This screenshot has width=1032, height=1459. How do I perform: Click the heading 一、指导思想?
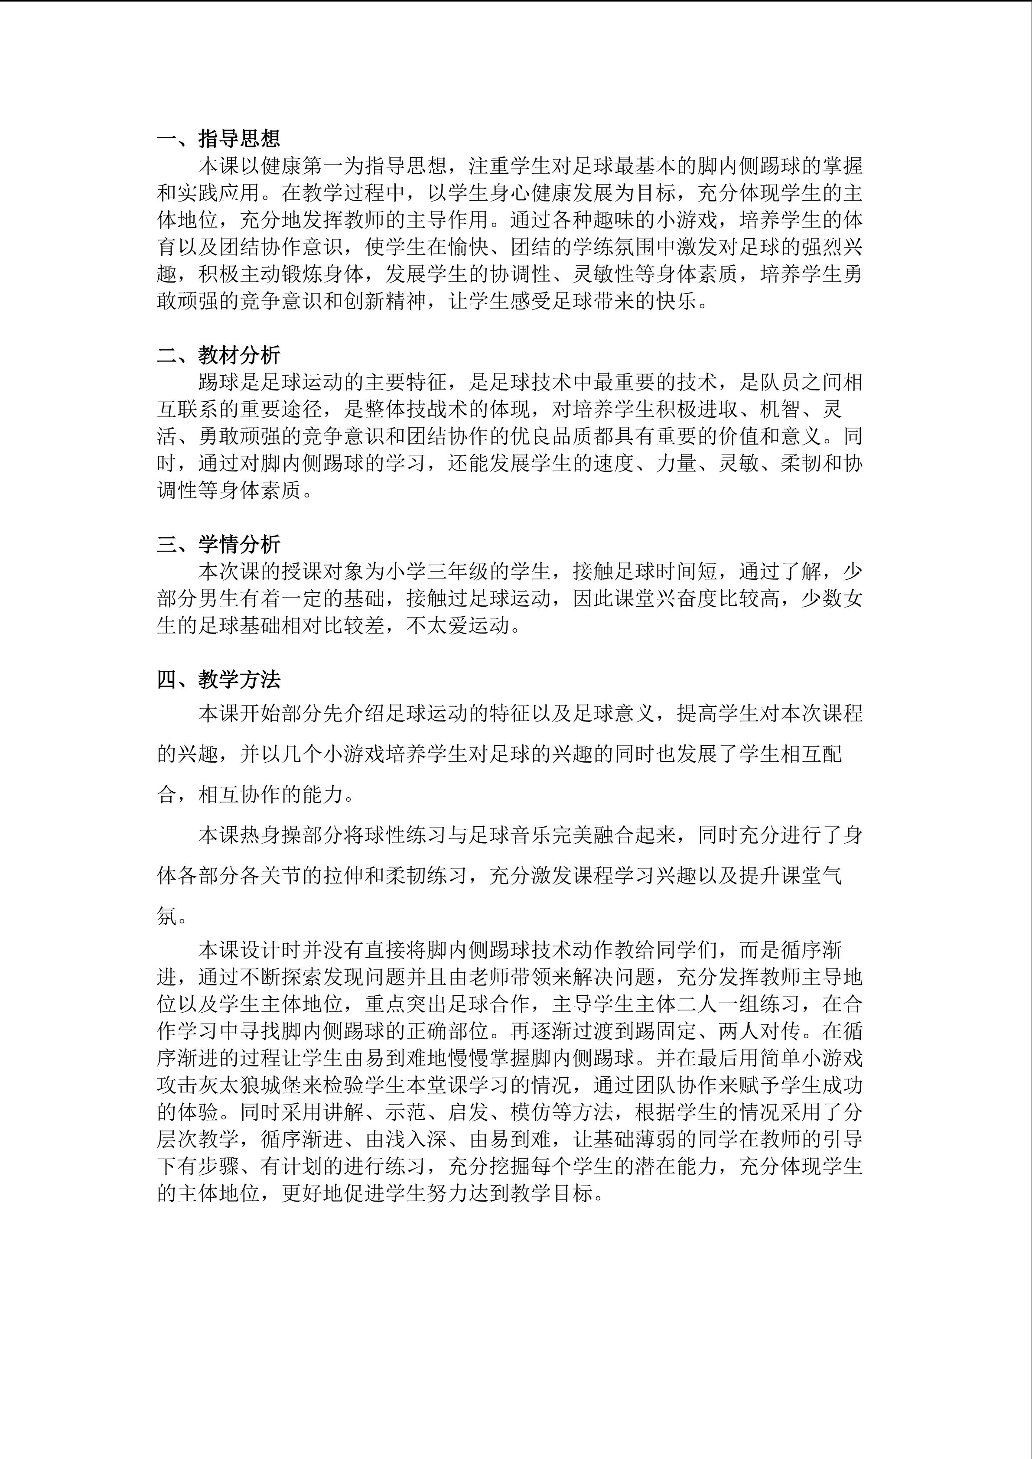(218, 139)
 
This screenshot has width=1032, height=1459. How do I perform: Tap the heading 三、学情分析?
(218, 544)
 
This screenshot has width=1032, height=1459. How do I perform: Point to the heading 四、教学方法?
(218, 680)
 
